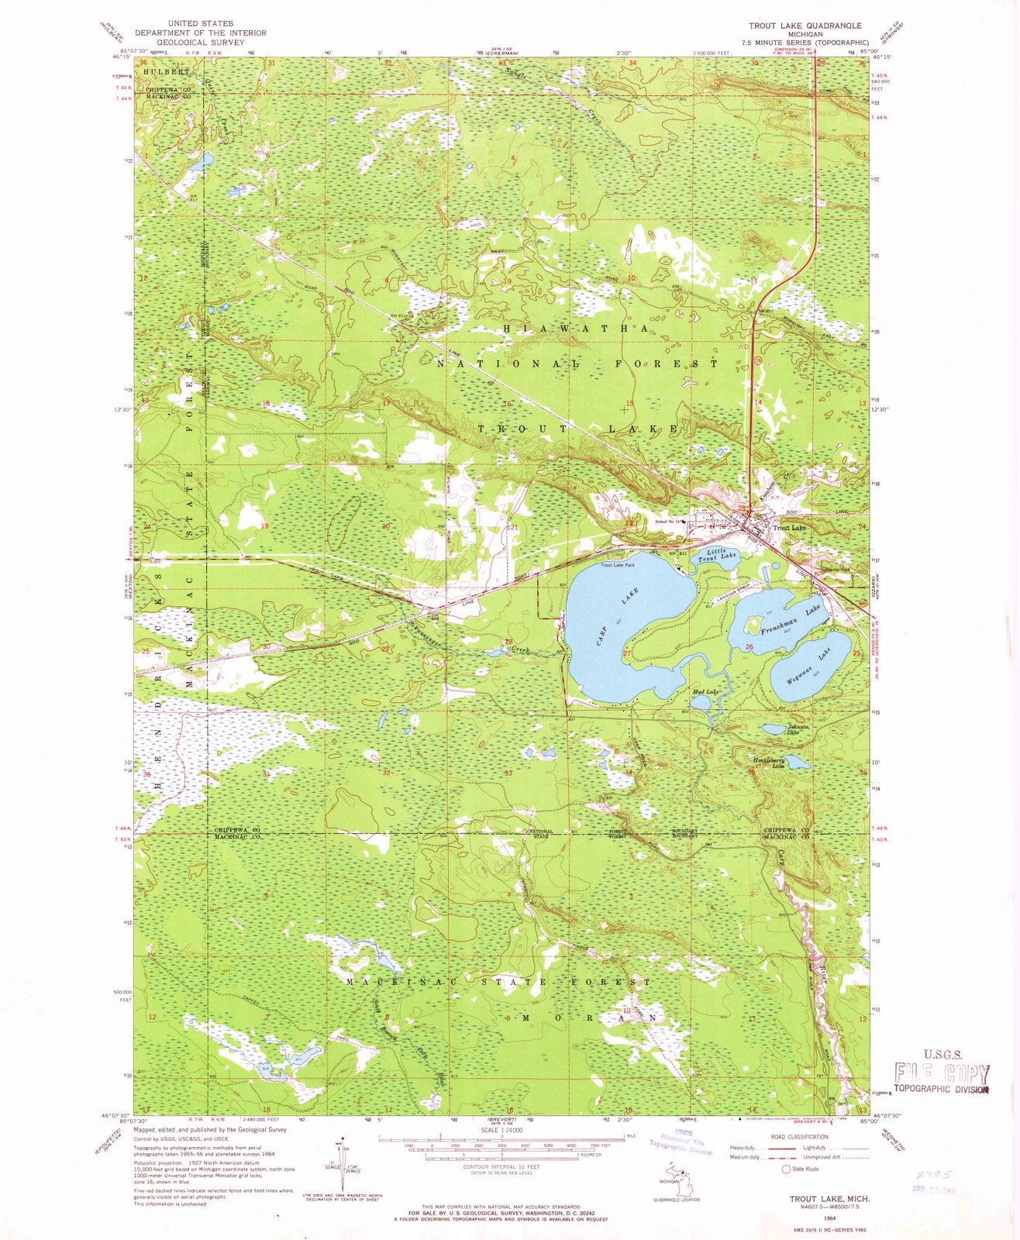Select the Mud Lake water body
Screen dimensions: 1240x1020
point(699,702)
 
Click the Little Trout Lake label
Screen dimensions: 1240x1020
point(718,555)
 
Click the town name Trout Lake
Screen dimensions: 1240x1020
point(789,528)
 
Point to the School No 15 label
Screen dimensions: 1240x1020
point(668,521)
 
